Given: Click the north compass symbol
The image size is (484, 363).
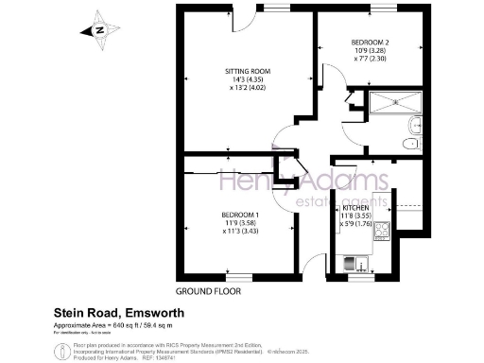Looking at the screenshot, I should [x=98, y=29].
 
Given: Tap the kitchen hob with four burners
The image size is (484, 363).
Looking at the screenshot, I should [x=384, y=231].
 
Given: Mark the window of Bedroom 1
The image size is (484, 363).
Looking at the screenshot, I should [x=234, y=276].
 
